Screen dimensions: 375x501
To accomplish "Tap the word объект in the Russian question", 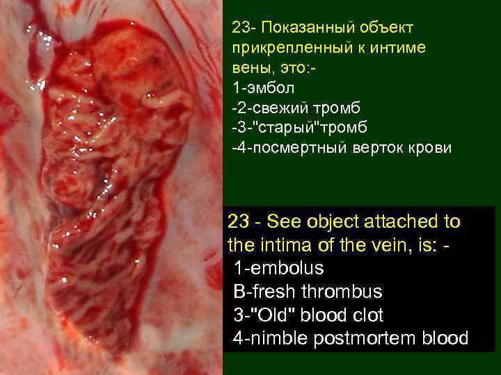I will pos(385,28).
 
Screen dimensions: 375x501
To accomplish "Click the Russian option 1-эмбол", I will pos(264,88).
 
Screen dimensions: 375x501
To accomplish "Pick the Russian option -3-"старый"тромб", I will pos(299,128).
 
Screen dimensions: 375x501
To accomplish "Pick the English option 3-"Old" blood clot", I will pos(309,315).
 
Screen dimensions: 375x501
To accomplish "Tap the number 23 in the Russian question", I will pos(240,28).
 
